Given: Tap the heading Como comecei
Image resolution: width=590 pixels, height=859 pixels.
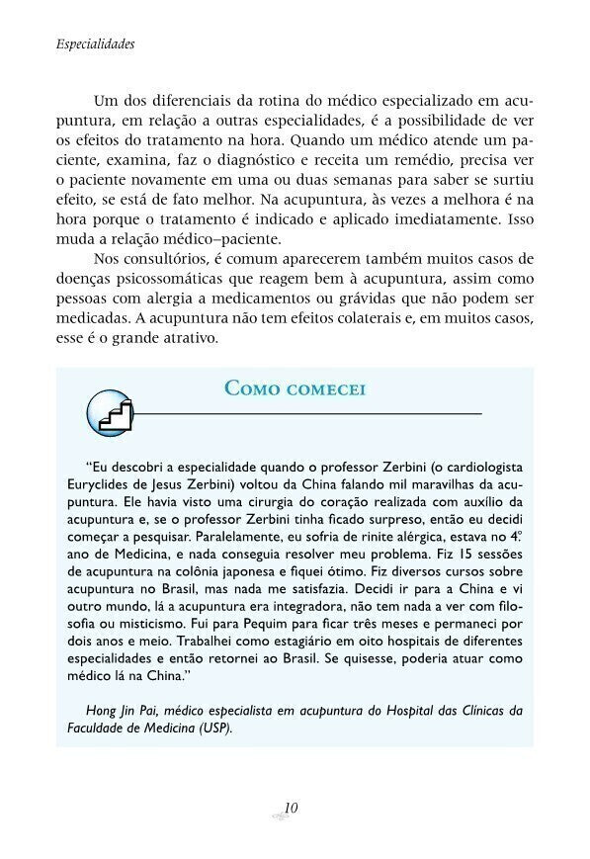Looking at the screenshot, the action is [x=295, y=387].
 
